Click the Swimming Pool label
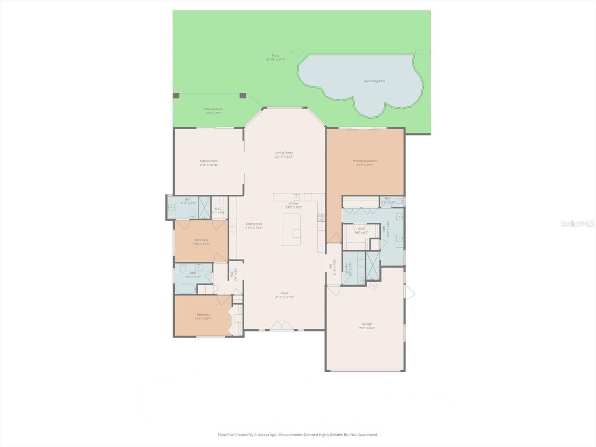click(x=374, y=81)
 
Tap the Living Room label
click(x=284, y=153)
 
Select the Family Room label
click(x=208, y=161)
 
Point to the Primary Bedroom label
click(x=365, y=161)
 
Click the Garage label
click(x=367, y=324)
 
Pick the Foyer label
click(x=284, y=293)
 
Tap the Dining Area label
click(x=254, y=224)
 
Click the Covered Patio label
click(x=213, y=109)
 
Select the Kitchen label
click(x=294, y=203)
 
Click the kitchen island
click(x=291, y=229)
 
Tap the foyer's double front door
click(x=282, y=325)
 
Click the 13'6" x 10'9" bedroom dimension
click(x=201, y=244)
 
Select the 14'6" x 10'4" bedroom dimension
click(x=203, y=319)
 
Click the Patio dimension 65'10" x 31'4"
click(x=275, y=60)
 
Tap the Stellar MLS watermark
click(x=577, y=224)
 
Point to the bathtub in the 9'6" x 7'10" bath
click(x=186, y=289)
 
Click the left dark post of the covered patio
click(x=176, y=96)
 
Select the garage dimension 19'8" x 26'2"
click(x=367, y=328)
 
